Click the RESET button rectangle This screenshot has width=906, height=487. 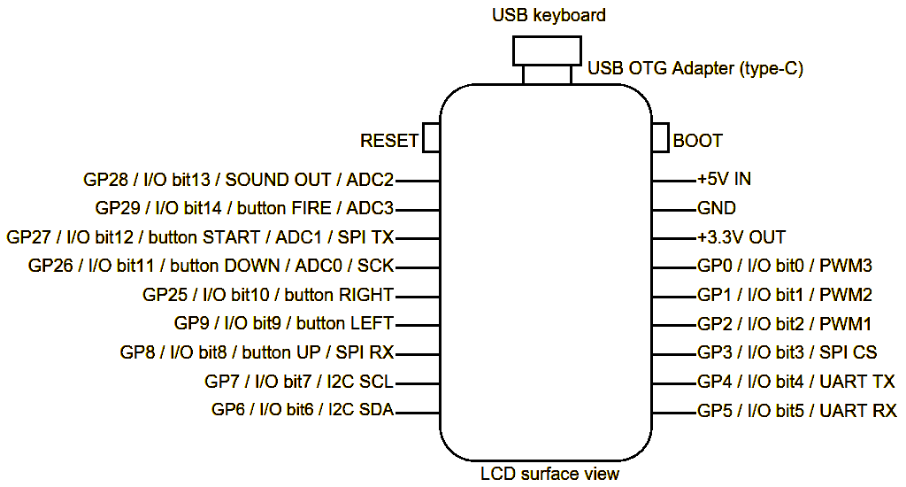[432, 137]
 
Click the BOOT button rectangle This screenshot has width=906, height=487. [660, 137]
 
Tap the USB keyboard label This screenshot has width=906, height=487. [549, 15]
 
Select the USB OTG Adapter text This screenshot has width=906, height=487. [695, 68]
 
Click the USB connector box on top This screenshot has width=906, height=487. [547, 50]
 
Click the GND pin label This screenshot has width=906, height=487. [717, 209]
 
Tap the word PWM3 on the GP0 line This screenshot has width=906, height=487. [847, 266]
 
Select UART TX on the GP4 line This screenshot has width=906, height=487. [857, 382]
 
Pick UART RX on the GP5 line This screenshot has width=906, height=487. [858, 411]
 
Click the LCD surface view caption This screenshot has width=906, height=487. [549, 474]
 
